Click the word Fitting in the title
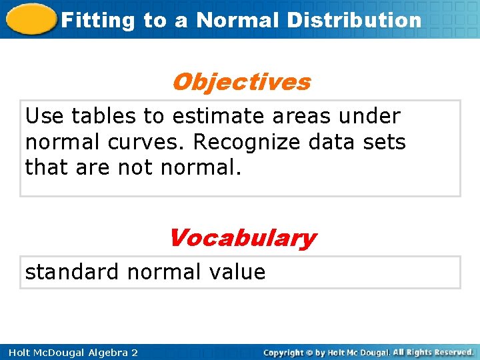click(x=98, y=20)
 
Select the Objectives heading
click(x=241, y=82)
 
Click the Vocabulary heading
click(x=242, y=237)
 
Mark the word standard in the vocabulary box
click(x=72, y=272)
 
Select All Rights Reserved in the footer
click(x=433, y=351)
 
